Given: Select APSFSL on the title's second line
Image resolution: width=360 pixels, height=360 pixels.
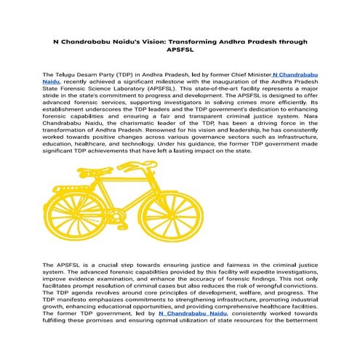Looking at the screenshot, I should point(180,52).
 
